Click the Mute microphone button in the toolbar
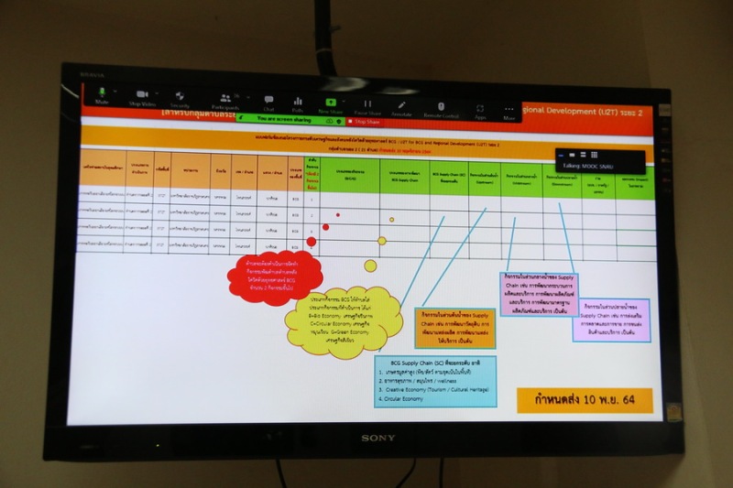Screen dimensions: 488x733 point(102,94)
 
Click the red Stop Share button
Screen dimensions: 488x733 point(366,121)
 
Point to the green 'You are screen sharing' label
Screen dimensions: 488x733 point(285,119)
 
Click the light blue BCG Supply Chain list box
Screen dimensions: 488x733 point(435,382)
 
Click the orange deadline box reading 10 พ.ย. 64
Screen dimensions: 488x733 point(584,400)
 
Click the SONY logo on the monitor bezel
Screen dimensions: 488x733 point(377,438)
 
